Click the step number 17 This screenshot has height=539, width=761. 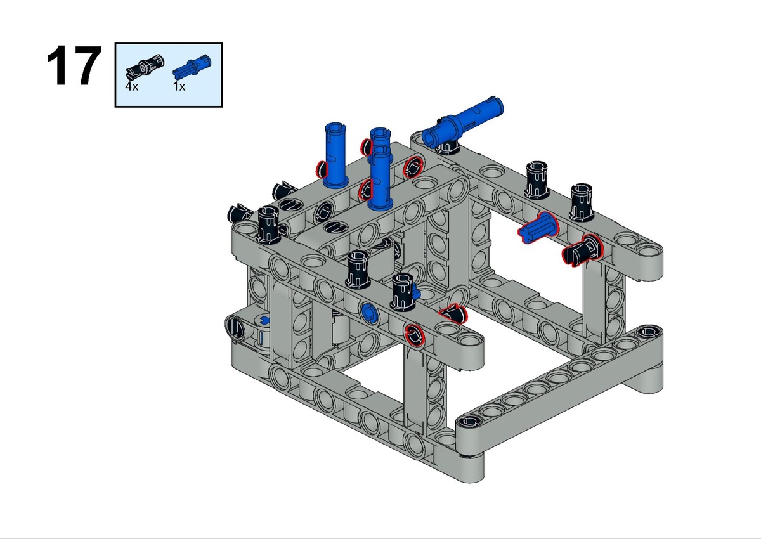[x=74, y=65]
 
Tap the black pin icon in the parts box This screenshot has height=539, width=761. [x=145, y=67]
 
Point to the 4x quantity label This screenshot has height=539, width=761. [x=132, y=87]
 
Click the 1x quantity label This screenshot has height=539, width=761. [x=179, y=87]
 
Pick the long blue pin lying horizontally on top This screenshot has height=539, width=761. [x=463, y=122]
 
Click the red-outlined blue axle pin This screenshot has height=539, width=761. [x=538, y=227]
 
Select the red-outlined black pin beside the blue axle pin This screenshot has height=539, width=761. [x=582, y=250]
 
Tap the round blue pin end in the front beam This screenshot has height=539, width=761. [x=369, y=312]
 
